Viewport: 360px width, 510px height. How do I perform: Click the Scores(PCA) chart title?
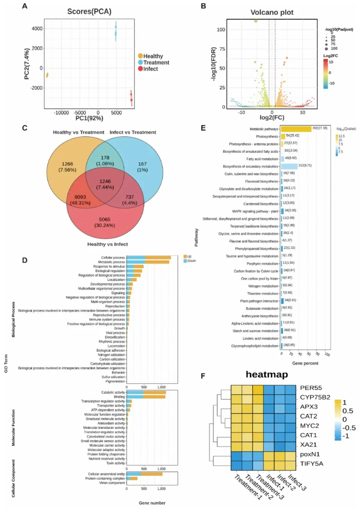point(89,12)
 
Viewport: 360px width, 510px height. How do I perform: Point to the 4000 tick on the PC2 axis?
point(37,29)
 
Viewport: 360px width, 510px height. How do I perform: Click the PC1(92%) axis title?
point(89,118)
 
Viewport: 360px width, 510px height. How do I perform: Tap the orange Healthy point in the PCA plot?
point(47,75)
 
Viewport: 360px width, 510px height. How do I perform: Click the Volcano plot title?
point(272,13)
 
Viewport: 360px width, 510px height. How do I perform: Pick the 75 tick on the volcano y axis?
point(221,49)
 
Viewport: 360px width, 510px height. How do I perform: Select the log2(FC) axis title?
point(272,118)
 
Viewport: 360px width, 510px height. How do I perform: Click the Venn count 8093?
point(80,197)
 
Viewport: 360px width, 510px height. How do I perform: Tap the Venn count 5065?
point(105,220)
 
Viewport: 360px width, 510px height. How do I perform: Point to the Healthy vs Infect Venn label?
point(107,244)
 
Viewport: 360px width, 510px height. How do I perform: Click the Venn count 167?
point(142,164)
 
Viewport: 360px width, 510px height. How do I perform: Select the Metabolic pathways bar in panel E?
point(296,129)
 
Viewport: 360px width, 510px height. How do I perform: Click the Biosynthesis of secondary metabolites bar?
point(289,166)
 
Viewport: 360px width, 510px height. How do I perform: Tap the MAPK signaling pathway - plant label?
point(255,211)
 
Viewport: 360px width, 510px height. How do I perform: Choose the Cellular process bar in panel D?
point(149,257)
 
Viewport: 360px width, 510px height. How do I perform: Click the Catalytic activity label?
point(113,392)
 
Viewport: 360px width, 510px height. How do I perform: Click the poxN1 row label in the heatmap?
point(310,454)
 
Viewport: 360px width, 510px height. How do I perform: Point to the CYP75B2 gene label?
point(315,397)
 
